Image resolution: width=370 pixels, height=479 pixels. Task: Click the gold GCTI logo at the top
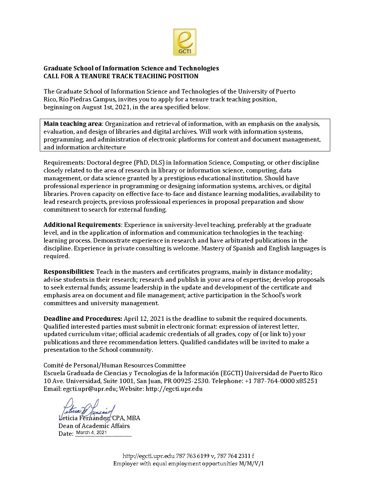(x=185, y=42)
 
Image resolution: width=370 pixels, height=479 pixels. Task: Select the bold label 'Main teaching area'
(x=72, y=123)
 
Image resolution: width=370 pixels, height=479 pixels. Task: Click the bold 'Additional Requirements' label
(x=82, y=225)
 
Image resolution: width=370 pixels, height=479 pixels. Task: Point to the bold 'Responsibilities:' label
(x=69, y=272)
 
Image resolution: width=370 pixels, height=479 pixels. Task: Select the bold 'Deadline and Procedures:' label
(x=83, y=319)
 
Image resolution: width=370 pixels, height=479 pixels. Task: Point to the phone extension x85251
(x=307, y=381)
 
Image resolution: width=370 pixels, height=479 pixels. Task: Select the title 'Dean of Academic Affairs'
(x=94, y=426)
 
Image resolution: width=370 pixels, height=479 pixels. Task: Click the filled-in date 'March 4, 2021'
(x=91, y=433)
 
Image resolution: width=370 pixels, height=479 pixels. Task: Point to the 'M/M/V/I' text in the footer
(x=251, y=464)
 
